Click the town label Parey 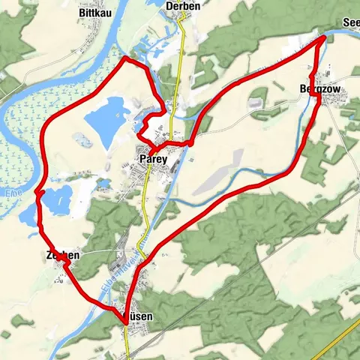coord(152,160)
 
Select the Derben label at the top coord(183,5)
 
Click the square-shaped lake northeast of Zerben coord(58,199)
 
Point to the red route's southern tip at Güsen coord(124,322)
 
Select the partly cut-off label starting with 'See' coord(350,23)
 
